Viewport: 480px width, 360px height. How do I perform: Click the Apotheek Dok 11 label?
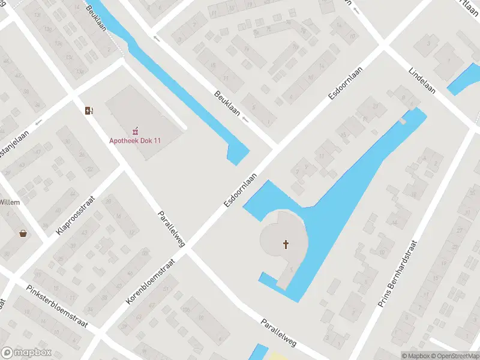click(136, 140)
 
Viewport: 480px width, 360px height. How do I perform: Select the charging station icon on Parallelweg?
click(89, 110)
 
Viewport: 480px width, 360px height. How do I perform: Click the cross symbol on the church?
click(286, 244)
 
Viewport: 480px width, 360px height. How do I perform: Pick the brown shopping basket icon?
click(23, 233)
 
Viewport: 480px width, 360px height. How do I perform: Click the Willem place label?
click(10, 202)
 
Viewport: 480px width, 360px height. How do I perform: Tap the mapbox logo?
click(26, 353)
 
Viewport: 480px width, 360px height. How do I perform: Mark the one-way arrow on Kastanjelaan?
click(39, 122)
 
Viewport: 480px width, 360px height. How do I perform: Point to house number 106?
click(185, 310)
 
